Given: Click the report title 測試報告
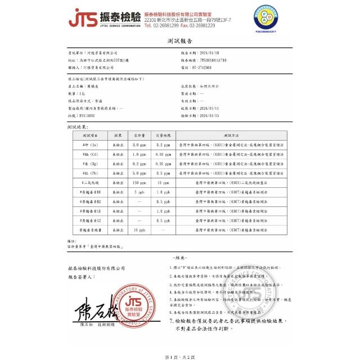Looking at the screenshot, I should pos(179,41).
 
